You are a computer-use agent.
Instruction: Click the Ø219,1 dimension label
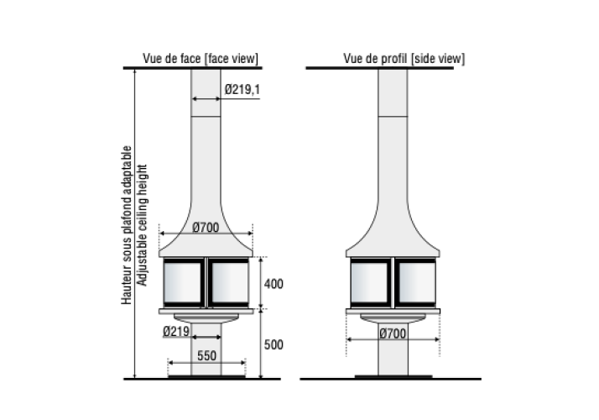point(242,90)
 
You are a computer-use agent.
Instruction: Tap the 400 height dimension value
point(273,284)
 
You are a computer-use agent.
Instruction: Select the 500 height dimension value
point(273,344)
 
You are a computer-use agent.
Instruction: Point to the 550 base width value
point(206,355)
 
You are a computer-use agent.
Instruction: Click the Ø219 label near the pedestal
point(176,331)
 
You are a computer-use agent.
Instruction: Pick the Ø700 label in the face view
point(206,228)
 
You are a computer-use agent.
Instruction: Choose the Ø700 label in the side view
point(393,333)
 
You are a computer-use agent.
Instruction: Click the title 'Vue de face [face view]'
point(201,59)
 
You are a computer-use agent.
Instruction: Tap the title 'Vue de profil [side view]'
point(404,59)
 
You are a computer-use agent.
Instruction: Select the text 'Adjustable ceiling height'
point(142,225)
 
